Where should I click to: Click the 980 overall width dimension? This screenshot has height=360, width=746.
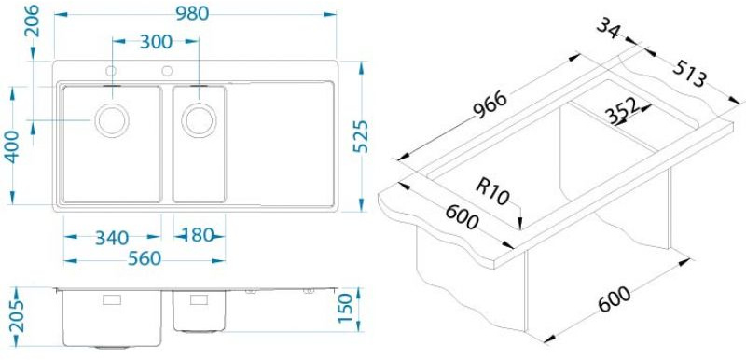coord(193,14)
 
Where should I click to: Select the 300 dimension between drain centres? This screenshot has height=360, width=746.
coord(156,42)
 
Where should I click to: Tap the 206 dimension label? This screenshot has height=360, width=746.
coord(33,22)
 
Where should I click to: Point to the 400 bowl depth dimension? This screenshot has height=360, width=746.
coord(12,146)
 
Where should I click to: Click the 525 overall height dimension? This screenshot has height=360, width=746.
coord(361,136)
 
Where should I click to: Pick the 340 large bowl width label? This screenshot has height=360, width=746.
coord(112,237)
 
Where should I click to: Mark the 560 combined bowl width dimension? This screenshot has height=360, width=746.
coord(145,258)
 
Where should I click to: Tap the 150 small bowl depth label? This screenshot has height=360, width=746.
coord(346,307)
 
